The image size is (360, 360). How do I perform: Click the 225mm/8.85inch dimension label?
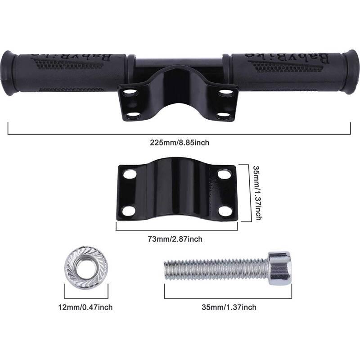(x=180, y=143)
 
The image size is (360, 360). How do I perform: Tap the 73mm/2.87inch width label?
(x=175, y=239)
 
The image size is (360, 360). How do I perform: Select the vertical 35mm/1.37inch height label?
(x=257, y=193)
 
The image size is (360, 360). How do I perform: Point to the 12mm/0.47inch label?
(x=85, y=307)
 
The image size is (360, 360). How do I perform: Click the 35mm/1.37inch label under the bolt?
(x=229, y=307)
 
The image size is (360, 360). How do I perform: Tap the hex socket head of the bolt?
(x=279, y=268)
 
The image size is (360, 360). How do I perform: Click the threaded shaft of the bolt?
(x=216, y=269)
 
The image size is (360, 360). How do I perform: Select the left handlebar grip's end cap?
(x=9, y=73)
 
